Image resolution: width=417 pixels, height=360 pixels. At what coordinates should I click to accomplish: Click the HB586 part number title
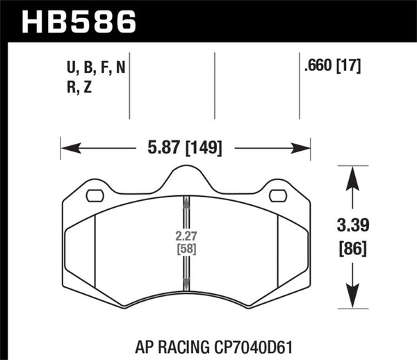(79, 21)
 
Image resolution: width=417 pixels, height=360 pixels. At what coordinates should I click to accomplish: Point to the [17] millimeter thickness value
(349, 67)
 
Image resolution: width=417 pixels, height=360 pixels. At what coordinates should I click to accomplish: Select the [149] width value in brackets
(204, 147)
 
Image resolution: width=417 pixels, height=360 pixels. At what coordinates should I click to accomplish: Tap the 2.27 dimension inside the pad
(186, 234)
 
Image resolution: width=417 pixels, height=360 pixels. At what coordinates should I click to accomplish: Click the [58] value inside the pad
(186, 248)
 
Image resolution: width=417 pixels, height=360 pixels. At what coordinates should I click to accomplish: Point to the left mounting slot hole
(95, 195)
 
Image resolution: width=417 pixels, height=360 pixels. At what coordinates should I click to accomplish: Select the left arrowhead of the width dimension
(67, 147)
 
